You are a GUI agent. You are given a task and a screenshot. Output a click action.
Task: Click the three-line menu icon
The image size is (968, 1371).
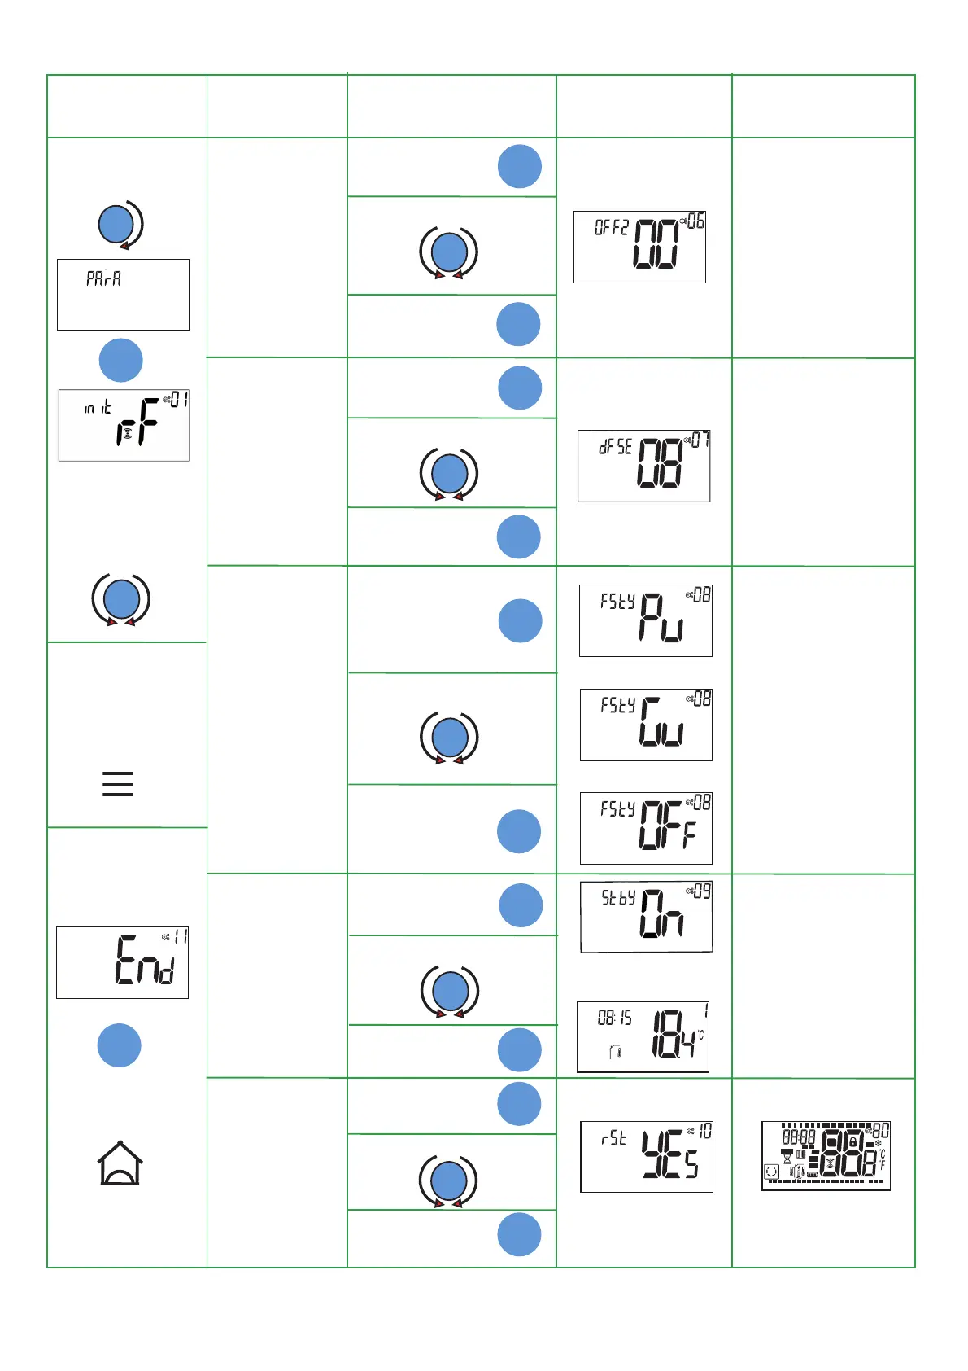[118, 783]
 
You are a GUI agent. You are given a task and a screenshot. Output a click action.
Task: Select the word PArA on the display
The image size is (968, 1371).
[104, 278]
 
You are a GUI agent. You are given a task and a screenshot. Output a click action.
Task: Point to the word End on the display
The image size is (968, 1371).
[146, 961]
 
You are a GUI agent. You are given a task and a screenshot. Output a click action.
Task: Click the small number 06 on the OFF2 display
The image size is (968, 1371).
[695, 221]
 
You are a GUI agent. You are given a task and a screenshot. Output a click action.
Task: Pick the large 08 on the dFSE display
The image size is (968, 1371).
[659, 462]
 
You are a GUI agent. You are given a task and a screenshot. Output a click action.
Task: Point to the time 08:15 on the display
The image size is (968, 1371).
[614, 1018]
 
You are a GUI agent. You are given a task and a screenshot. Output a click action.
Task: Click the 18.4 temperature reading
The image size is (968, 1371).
[674, 1034]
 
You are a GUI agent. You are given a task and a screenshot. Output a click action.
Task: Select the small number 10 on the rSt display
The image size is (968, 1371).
[704, 1131]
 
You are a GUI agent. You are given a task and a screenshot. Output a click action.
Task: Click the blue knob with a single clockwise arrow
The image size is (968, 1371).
[116, 225]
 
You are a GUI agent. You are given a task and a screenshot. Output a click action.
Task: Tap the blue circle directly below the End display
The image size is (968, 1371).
[120, 1045]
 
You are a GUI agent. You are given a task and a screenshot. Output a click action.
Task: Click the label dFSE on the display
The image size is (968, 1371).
[615, 447]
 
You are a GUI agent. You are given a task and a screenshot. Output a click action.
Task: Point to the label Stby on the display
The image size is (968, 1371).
[618, 898]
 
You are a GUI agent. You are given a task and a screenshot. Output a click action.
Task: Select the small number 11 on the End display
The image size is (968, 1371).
[180, 937]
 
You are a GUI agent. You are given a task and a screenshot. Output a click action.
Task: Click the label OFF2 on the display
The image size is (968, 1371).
[612, 228]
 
